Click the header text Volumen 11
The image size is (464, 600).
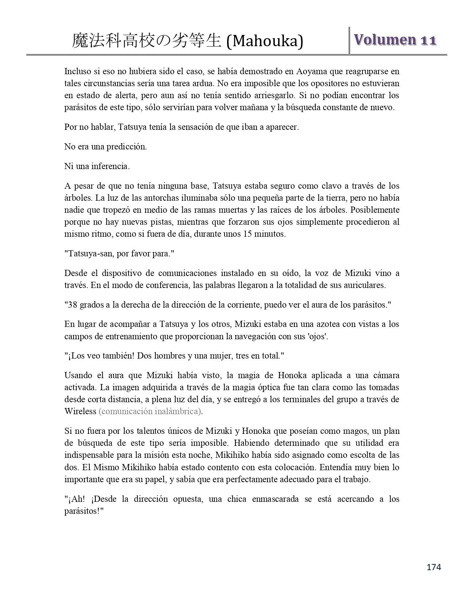click(x=395, y=40)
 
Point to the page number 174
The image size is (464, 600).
click(x=434, y=567)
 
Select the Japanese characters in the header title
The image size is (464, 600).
click(x=147, y=41)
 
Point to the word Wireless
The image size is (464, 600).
click(x=80, y=411)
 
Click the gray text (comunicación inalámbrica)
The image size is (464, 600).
click(x=151, y=411)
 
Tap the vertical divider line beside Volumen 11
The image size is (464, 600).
click(x=349, y=41)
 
